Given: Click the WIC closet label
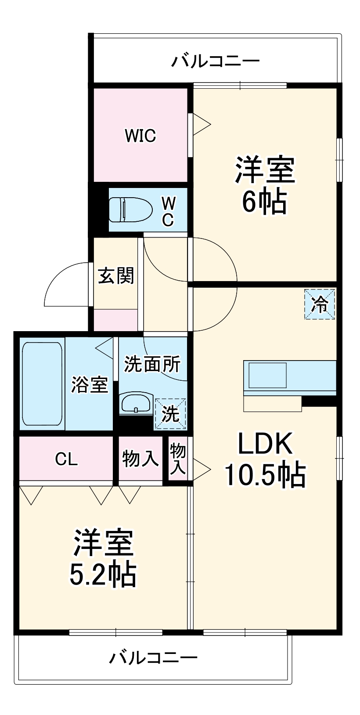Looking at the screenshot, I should (x=140, y=136).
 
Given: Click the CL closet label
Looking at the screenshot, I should (x=66, y=459).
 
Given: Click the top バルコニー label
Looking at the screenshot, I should (x=215, y=61).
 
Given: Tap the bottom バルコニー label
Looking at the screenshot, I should (x=153, y=657).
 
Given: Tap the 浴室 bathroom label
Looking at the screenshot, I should (x=90, y=385).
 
